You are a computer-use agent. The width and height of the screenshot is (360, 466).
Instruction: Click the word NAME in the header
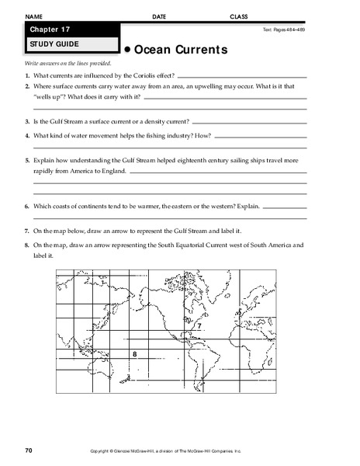click(x=34, y=16)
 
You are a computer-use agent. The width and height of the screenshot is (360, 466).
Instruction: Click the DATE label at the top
click(x=159, y=16)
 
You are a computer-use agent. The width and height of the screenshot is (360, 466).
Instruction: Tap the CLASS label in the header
click(x=240, y=16)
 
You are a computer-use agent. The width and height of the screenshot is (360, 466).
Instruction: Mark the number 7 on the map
click(x=199, y=328)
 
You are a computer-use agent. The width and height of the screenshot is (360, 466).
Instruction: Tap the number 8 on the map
click(x=134, y=353)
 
